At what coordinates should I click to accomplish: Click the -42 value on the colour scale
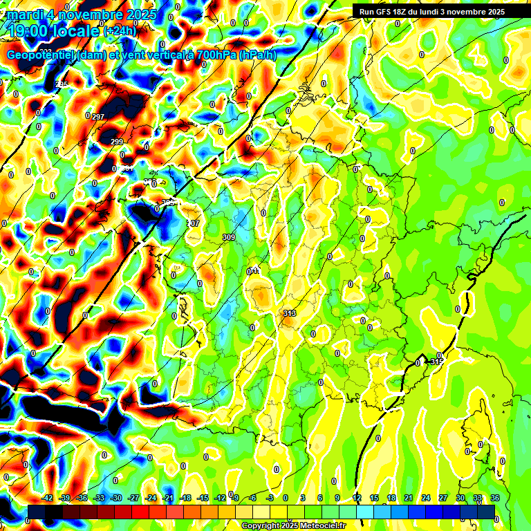pyautogui.click(x=48, y=498)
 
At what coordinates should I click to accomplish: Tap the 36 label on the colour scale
pyautogui.click(x=495, y=498)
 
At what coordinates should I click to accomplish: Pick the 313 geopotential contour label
pyautogui.click(x=290, y=313)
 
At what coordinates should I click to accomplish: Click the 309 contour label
pyautogui.click(x=229, y=237)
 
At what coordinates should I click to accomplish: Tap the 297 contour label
pyautogui.click(x=98, y=117)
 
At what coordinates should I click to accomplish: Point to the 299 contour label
pyautogui.click(x=117, y=142)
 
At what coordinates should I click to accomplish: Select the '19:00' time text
pyautogui.click(x=31, y=31)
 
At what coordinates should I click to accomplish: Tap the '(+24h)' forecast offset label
pyautogui.click(x=120, y=31)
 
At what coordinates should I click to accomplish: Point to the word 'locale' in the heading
pyautogui.click(x=78, y=31)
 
